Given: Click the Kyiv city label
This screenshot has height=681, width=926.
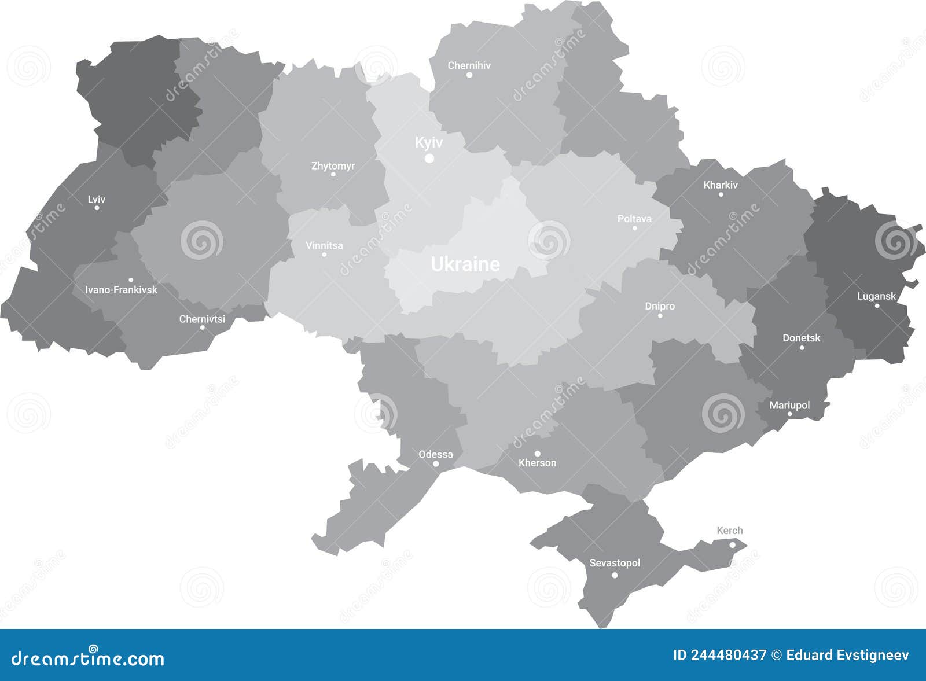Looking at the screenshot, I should tap(429, 142).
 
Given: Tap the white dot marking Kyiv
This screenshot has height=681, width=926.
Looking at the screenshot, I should tap(429, 158).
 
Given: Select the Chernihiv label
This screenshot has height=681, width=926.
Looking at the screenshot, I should tap(469, 65).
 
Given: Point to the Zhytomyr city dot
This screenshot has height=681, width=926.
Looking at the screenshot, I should tap(333, 174).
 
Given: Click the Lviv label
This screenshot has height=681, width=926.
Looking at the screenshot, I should tap(97, 199).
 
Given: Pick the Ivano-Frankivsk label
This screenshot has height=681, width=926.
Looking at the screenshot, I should tap(121, 289).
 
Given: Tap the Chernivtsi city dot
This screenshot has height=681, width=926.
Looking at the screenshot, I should tap(202, 327).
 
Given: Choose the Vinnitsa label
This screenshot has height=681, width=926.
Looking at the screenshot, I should tap(324, 245).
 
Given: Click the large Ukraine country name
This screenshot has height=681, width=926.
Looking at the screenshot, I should tap(465, 264).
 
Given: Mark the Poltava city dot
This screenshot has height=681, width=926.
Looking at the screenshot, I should tap(634, 228).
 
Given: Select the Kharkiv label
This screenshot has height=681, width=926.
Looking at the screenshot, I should tap(721, 185).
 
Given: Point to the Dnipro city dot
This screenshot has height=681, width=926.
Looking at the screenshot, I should tap(660, 315).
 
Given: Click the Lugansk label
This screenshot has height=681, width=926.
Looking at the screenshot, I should tap(876, 296).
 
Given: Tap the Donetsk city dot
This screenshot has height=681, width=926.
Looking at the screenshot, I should tap(802, 348).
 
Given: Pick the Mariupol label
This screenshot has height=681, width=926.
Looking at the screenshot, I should tap(789, 405).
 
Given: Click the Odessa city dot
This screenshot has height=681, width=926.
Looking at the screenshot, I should tap(436, 464).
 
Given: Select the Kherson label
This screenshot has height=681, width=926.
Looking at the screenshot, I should tap(537, 463).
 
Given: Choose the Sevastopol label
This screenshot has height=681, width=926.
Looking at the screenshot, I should tap(615, 563).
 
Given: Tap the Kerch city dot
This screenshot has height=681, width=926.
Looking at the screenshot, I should tap(732, 544).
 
